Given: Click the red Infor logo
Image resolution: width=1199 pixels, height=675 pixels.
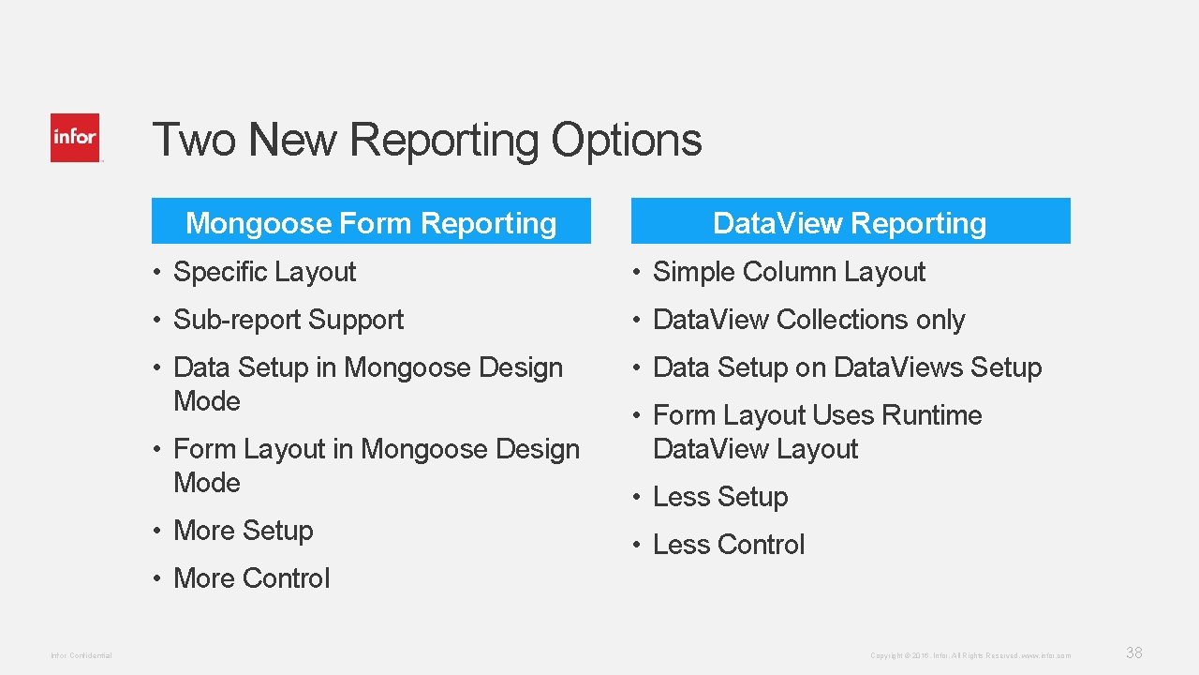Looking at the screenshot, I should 75,138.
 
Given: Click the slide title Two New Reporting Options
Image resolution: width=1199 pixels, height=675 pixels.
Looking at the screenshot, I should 426,140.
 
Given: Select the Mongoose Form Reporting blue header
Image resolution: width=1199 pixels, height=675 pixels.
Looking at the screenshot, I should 371,222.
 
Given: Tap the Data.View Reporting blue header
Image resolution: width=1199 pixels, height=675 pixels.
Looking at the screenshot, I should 850,222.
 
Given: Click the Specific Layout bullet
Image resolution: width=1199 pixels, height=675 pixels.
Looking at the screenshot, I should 264,272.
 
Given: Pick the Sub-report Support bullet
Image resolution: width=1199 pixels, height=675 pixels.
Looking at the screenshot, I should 288,320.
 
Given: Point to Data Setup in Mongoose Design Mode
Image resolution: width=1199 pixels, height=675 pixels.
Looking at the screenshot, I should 367,383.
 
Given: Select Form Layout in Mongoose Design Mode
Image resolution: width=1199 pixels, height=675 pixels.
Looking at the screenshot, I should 376,465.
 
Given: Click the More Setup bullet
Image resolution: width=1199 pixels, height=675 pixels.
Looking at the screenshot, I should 243,531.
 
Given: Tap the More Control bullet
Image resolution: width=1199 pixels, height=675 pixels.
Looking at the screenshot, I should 251,578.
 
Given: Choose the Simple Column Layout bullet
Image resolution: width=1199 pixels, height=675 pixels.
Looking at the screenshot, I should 788,272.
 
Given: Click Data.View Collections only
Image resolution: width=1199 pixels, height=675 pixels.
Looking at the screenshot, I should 807,320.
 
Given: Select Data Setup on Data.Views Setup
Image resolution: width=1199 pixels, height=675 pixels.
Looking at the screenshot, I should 846,367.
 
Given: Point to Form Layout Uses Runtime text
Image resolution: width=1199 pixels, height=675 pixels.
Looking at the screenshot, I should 816,415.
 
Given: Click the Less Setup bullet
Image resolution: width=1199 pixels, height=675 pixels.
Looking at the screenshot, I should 719,497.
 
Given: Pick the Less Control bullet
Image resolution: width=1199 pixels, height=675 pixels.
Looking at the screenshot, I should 728,545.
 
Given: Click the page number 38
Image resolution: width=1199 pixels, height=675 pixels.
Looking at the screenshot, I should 1133,652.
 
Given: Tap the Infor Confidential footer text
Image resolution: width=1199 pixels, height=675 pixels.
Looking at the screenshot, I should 81,655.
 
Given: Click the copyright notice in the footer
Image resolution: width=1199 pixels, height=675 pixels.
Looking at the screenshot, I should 970,655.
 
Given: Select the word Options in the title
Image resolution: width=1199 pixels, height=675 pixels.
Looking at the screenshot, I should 626,140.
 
